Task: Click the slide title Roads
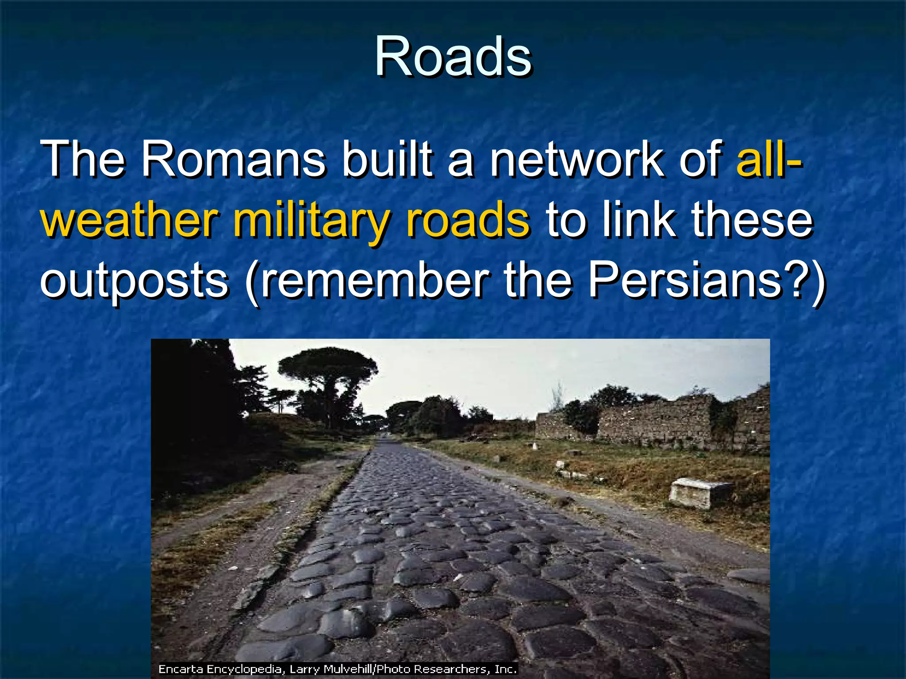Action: [x=453, y=57]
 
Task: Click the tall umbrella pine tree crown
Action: [x=327, y=365]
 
